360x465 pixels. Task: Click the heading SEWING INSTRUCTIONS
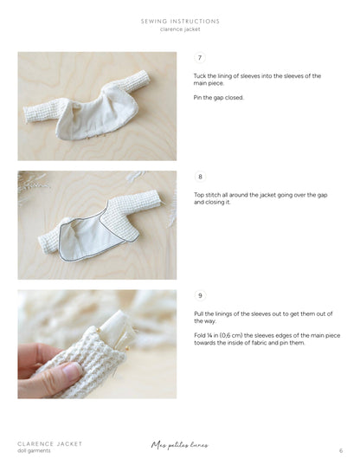(180, 21)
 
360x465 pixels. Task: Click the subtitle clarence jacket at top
(180, 29)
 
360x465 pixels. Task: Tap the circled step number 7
(200, 58)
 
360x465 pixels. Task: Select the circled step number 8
(200, 177)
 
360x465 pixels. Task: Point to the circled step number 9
(200, 295)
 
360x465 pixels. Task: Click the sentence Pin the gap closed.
(218, 97)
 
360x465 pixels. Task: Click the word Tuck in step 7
(200, 76)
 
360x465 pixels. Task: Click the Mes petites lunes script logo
(179, 446)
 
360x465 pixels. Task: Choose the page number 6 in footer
(340, 451)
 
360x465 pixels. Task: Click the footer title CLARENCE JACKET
(50, 443)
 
